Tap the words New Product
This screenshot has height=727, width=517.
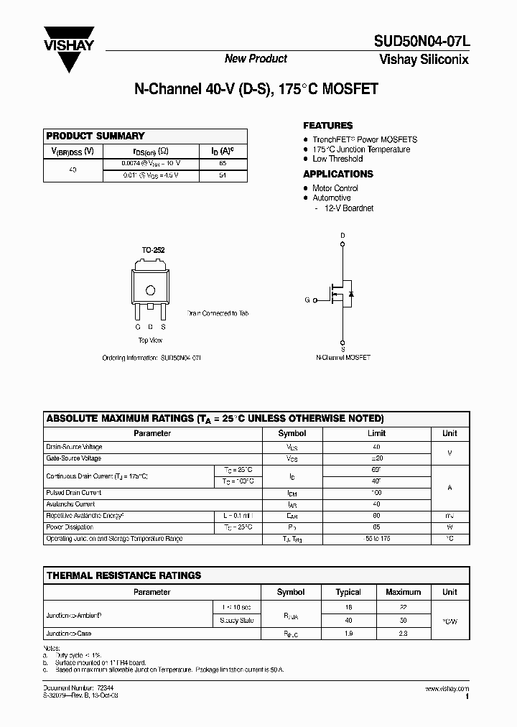pyautogui.click(x=256, y=59)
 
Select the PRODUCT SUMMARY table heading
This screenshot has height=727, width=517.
pyautogui.click(x=96, y=136)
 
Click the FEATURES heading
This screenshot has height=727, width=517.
pyautogui.click(x=327, y=125)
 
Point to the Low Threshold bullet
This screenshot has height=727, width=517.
pyautogui.click(x=337, y=159)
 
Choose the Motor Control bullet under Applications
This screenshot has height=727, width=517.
pyautogui.click(x=335, y=188)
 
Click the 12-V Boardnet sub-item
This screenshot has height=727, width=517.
pyautogui.click(x=348, y=208)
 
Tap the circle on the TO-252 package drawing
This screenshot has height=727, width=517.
pyautogui.click(x=151, y=290)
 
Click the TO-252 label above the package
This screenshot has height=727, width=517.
pyautogui.click(x=152, y=249)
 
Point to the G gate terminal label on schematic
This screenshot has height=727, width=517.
pyautogui.click(x=307, y=300)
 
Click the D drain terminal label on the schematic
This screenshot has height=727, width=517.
pyautogui.click(x=343, y=236)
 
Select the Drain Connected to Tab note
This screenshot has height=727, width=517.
pyautogui.click(x=218, y=314)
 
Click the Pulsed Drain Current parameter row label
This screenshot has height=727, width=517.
pyautogui.click(x=74, y=493)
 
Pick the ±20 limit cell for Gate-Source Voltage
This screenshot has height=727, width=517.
pyautogui.click(x=376, y=458)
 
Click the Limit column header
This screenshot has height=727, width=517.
pyautogui.click(x=376, y=433)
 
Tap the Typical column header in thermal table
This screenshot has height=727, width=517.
pyautogui.click(x=348, y=592)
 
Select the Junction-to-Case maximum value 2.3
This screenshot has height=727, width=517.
pyautogui.click(x=403, y=634)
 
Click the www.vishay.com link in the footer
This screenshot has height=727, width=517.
pyautogui.click(x=447, y=689)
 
